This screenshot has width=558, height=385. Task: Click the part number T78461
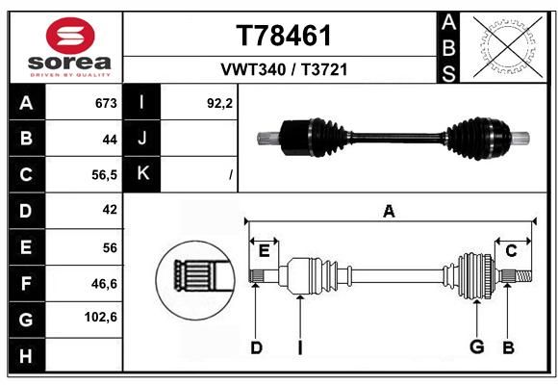coord(284,36)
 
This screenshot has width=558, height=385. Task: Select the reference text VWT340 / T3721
coord(284,69)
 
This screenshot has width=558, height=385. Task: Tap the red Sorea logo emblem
coord(70,36)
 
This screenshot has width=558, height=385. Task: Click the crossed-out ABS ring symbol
coord(508,46)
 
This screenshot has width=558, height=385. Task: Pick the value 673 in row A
coord(106,103)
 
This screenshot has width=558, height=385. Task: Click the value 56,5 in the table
coord(104,175)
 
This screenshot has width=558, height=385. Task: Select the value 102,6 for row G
coord(101,317)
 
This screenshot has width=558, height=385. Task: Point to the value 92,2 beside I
coord(219,103)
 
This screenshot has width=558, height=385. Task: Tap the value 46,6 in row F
coord(104,284)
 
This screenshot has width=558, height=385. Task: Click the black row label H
coord(27,355)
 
